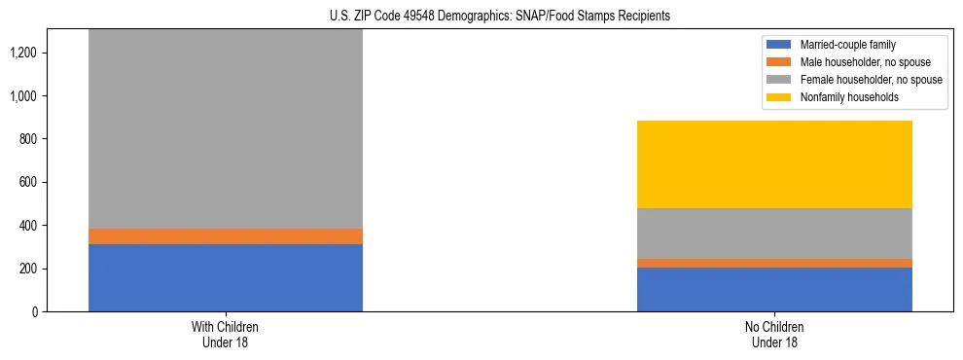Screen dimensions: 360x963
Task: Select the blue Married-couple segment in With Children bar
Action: pyautogui.click(x=225, y=277)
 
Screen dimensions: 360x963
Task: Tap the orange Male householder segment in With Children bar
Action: pyautogui.click(x=225, y=236)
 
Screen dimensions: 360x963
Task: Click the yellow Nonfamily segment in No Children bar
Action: pyautogui.click(x=774, y=164)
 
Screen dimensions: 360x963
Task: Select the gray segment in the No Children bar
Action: pyautogui.click(x=774, y=234)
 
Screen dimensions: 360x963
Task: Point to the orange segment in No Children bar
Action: pyautogui.click(x=774, y=263)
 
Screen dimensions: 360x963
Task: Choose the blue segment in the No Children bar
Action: pyautogui.click(x=774, y=289)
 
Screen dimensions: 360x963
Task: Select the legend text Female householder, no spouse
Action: pyautogui.click(x=871, y=80)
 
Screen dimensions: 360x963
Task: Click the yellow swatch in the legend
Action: pyautogui.click(x=780, y=97)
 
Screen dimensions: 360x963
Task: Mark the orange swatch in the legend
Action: pyautogui.click(x=780, y=62)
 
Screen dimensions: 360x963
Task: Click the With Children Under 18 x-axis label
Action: pyautogui.click(x=225, y=334)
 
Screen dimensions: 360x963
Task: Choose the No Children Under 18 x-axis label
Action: pyautogui.click(x=774, y=334)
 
